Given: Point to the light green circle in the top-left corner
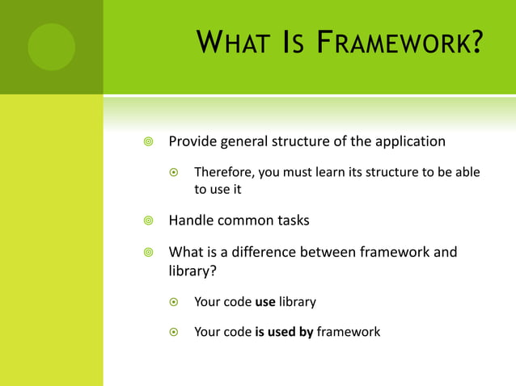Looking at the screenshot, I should click(x=51, y=47).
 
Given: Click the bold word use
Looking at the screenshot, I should click(x=265, y=302).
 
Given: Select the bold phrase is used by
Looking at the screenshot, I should click(x=284, y=331).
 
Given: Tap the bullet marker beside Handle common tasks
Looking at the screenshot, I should click(x=147, y=220).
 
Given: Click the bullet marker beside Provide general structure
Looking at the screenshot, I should click(x=147, y=142).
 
